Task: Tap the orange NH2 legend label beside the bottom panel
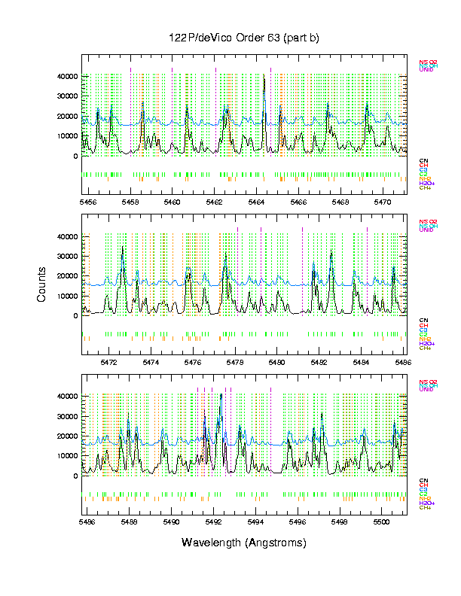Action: tap(425, 498)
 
